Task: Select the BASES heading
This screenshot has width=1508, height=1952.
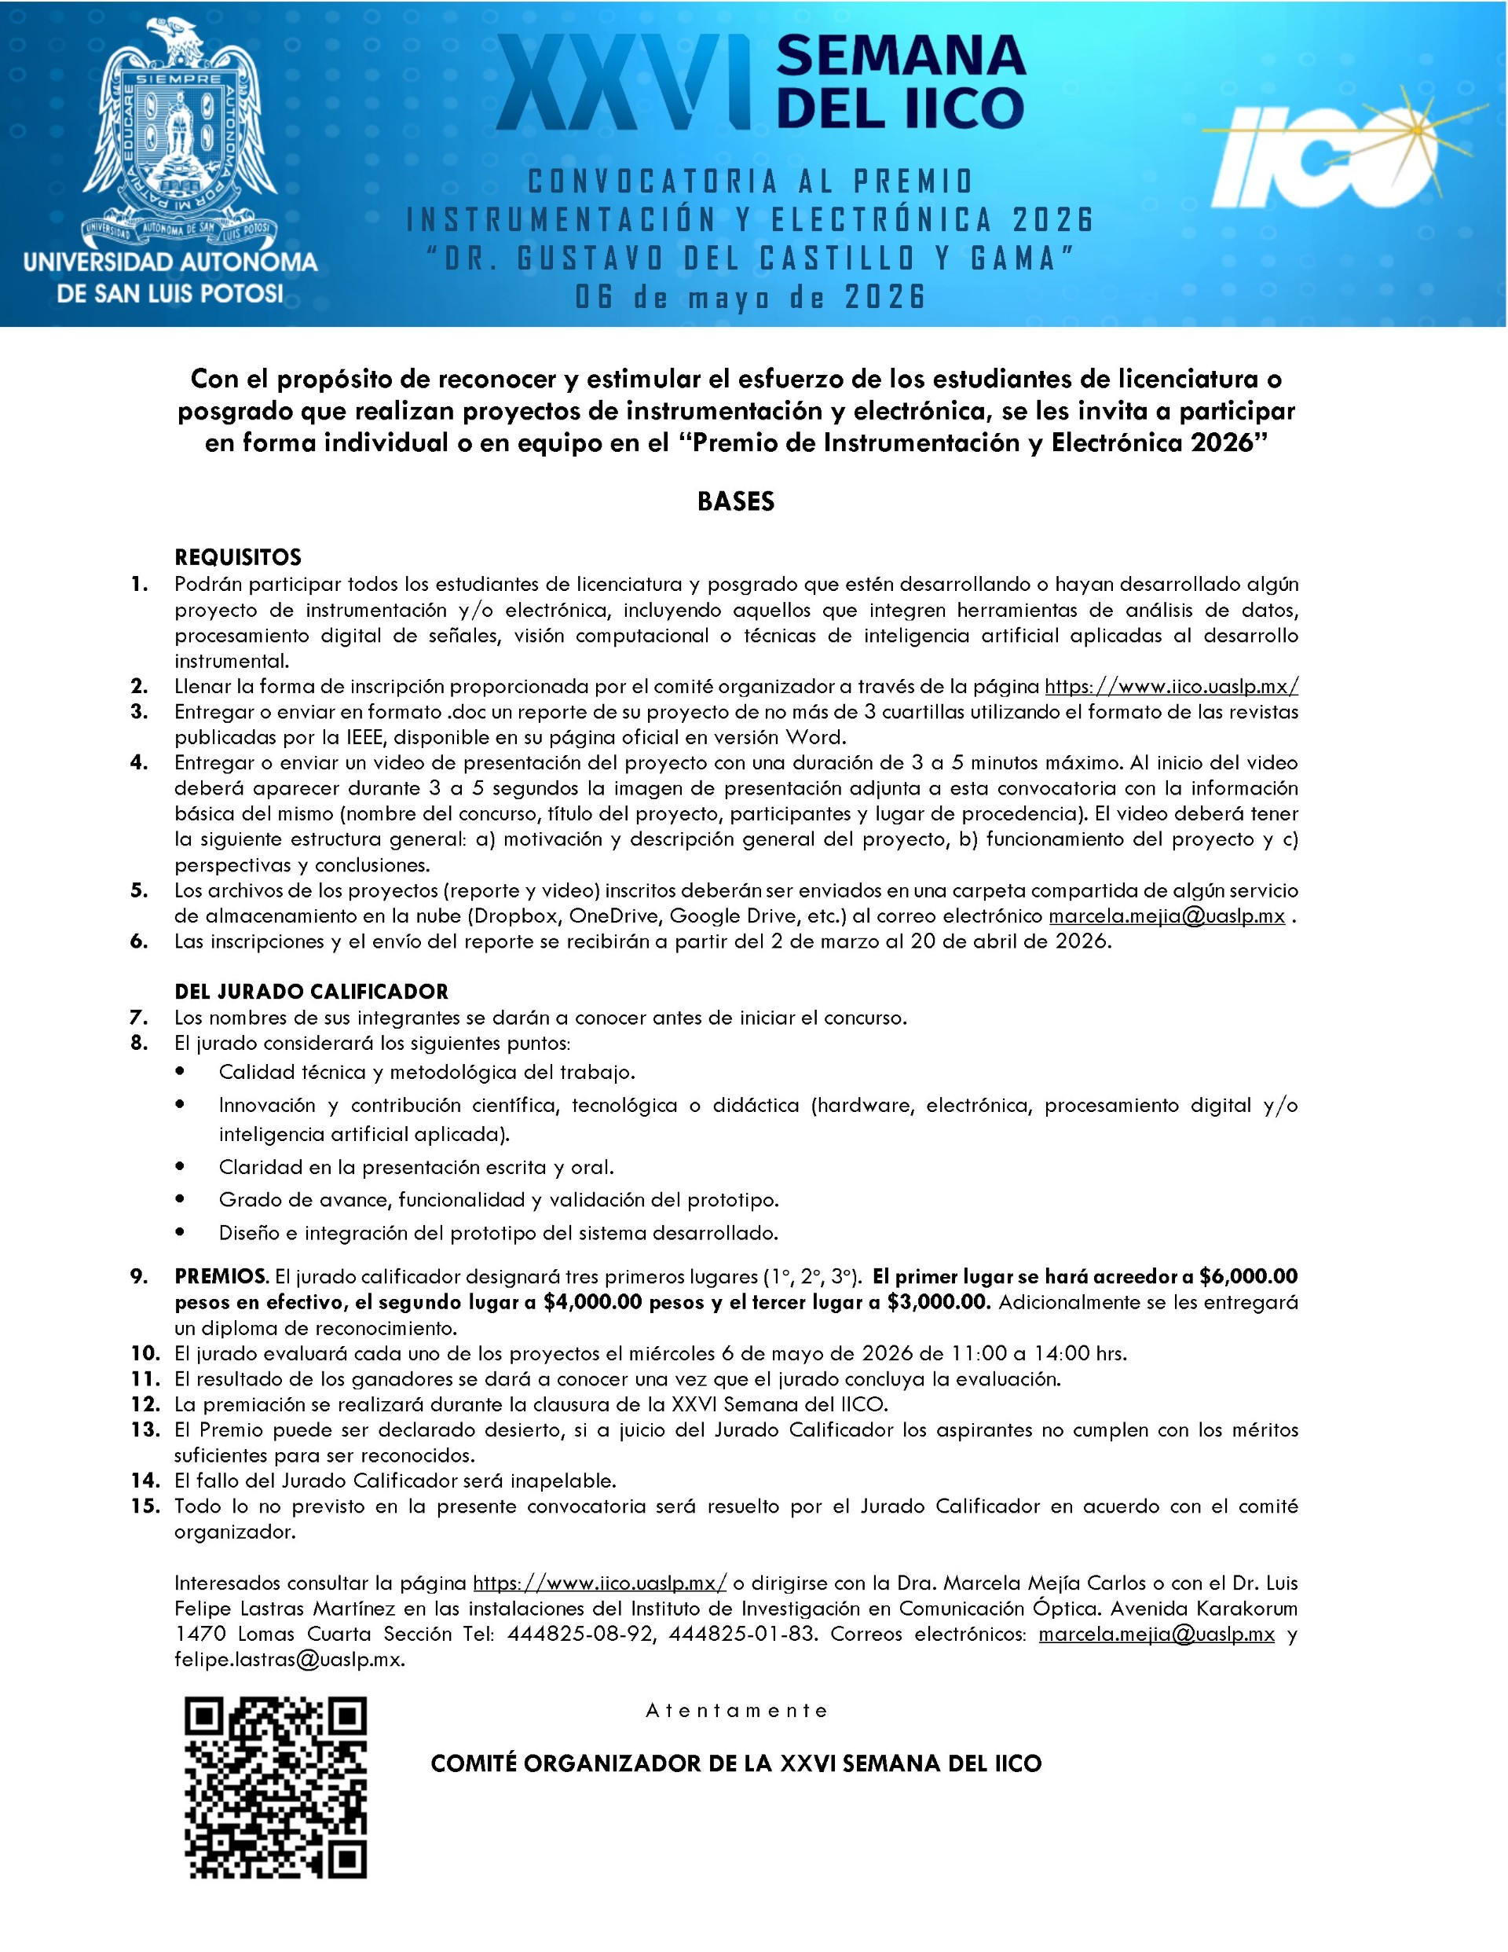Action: tap(735, 502)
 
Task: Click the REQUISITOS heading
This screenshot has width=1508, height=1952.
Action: tap(238, 558)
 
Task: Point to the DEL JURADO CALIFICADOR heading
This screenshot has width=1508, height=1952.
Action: tap(311, 991)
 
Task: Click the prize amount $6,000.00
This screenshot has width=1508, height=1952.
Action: tap(1248, 1276)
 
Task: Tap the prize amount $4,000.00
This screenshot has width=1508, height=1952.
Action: tap(592, 1302)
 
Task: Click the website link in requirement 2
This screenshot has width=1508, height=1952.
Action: tap(1171, 686)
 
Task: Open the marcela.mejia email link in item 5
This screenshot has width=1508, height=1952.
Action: tap(1166, 916)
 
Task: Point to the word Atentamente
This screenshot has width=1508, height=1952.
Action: tap(737, 1711)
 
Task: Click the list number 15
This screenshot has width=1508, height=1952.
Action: tap(145, 1506)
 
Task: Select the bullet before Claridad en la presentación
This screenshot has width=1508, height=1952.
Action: tap(181, 1166)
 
